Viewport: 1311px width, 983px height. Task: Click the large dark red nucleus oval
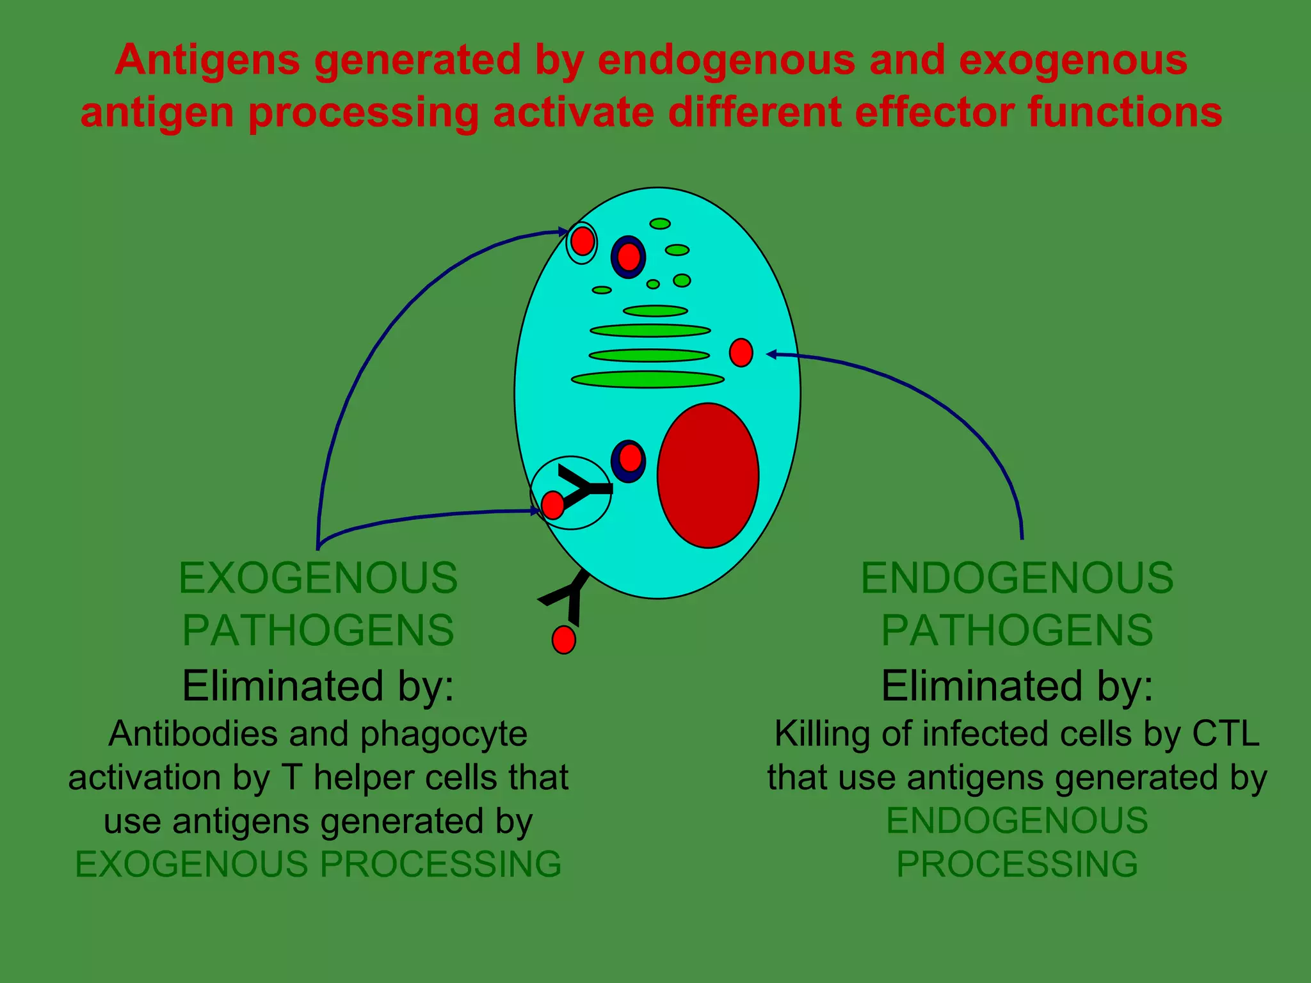point(708,476)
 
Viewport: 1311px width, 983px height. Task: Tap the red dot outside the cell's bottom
point(563,639)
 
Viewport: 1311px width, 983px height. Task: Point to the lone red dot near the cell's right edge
point(741,353)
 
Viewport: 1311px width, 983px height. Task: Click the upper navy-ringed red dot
point(629,257)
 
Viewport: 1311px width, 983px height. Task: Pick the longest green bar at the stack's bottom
point(647,380)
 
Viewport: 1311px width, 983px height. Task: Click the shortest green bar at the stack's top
point(655,312)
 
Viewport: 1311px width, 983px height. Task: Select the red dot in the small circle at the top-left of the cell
point(582,242)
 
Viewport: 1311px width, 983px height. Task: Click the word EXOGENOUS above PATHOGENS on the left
point(318,578)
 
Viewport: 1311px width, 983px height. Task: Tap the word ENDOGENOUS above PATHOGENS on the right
point(1017,578)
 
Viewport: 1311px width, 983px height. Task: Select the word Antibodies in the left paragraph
point(193,734)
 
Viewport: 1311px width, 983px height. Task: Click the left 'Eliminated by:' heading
point(318,686)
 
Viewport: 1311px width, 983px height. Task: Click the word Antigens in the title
point(207,61)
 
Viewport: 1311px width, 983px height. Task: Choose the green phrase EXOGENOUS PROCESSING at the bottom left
point(318,865)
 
